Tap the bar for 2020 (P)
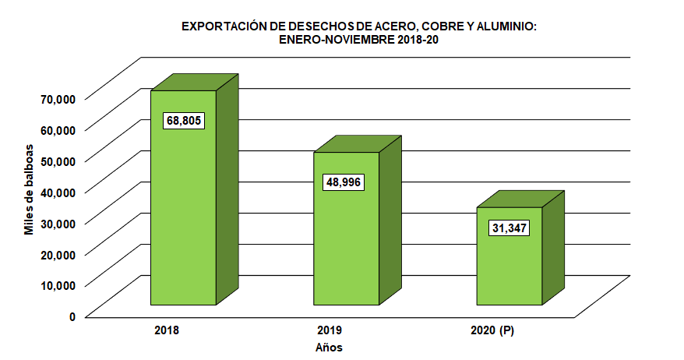point(509,265)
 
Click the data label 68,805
point(183,121)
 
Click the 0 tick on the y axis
point(72,316)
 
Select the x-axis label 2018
point(167,330)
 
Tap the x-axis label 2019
point(330,330)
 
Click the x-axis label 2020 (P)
point(493,330)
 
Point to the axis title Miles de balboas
point(29,189)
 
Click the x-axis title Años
point(330,348)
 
